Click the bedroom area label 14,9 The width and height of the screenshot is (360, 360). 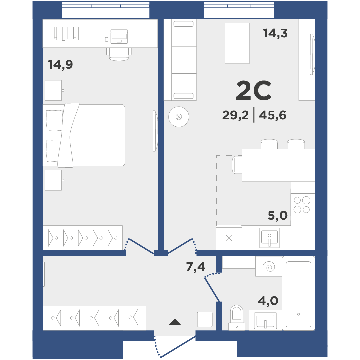(x=60, y=65)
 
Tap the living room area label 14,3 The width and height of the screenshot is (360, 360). (x=275, y=33)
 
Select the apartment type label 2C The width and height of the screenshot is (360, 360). (x=254, y=91)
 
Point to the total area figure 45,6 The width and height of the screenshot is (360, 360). (x=273, y=115)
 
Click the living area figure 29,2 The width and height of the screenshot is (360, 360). (x=235, y=115)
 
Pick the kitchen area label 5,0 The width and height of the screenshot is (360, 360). (x=278, y=216)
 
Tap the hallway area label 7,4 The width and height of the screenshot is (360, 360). (x=195, y=267)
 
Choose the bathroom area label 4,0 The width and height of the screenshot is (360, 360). (x=268, y=301)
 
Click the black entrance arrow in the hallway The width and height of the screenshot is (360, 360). (x=175, y=322)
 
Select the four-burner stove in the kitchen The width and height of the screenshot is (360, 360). (x=303, y=205)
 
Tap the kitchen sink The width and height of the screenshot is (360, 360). (x=269, y=238)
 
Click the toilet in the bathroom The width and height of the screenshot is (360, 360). (x=236, y=318)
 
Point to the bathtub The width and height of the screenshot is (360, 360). (x=298, y=293)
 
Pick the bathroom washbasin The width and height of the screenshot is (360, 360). (x=265, y=321)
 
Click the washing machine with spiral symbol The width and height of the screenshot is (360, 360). (x=269, y=266)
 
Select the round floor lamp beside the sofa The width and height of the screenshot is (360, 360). (x=179, y=117)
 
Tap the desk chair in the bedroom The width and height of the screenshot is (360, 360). (x=119, y=54)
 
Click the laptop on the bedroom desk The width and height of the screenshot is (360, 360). (x=119, y=37)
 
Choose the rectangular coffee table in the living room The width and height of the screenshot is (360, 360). (x=237, y=43)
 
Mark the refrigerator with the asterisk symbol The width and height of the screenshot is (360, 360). (x=229, y=237)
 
